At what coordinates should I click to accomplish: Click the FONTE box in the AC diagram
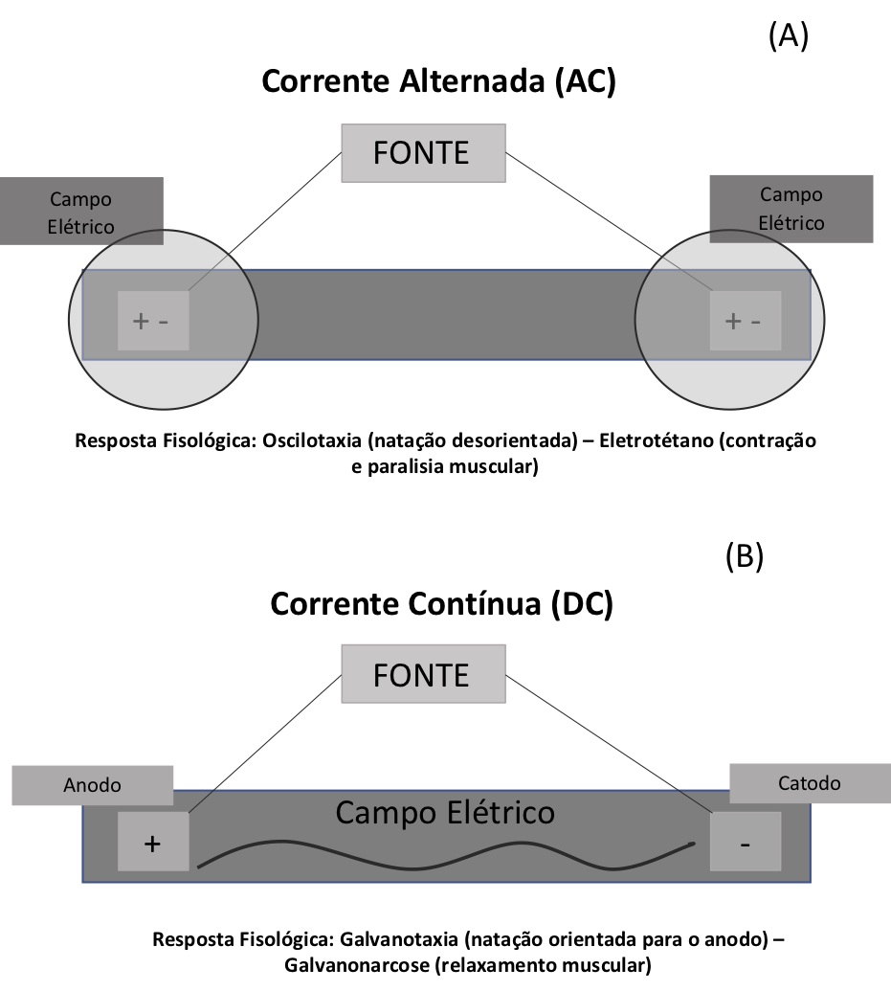pyautogui.click(x=423, y=153)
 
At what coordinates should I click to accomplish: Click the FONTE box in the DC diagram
pyautogui.click(x=423, y=675)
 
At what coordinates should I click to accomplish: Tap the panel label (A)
pyautogui.click(x=789, y=35)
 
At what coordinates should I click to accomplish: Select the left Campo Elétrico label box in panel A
pyautogui.click(x=81, y=213)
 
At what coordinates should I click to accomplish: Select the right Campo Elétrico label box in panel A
pyautogui.click(x=791, y=208)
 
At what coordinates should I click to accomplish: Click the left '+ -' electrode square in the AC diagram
pyautogui.click(x=153, y=321)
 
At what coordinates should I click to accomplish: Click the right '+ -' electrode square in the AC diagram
pyautogui.click(x=745, y=321)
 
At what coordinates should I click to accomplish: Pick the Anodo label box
pyautogui.click(x=93, y=785)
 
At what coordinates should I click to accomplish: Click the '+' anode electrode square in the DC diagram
pyautogui.click(x=152, y=843)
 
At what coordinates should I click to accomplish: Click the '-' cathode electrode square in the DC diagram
pyautogui.click(x=745, y=843)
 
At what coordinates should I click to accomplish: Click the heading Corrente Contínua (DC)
pyautogui.click(x=441, y=604)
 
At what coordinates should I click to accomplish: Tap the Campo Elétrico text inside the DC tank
pyautogui.click(x=445, y=813)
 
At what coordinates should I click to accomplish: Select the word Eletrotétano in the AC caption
pyautogui.click(x=655, y=442)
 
